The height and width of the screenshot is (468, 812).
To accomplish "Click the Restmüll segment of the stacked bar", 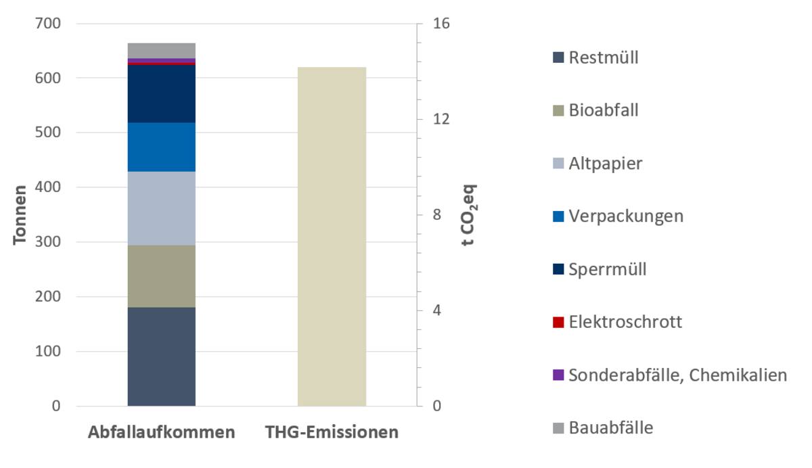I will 162,356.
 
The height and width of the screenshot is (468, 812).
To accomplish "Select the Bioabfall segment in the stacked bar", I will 162,276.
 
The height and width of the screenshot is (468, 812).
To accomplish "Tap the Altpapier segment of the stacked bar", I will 162,208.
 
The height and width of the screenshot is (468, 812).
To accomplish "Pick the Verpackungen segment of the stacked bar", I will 162,147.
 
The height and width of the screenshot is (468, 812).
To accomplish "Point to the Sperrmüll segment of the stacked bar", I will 162,94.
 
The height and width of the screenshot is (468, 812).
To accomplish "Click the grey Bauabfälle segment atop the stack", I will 162,51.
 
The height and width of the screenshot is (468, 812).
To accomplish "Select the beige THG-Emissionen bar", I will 332,237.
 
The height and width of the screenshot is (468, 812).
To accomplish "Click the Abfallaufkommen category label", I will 162,432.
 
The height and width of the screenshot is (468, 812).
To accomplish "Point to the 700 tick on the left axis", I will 47,24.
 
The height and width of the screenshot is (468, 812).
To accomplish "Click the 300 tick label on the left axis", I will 47,242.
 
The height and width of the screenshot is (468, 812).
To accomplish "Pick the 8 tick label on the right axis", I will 437,215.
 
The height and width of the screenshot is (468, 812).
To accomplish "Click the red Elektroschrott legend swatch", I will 558,322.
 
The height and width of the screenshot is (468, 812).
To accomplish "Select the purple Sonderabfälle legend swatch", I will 558,375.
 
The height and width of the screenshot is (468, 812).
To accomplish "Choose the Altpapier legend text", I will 606,163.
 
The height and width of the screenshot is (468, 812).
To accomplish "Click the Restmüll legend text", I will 604,57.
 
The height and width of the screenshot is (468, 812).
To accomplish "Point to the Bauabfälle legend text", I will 611,427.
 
